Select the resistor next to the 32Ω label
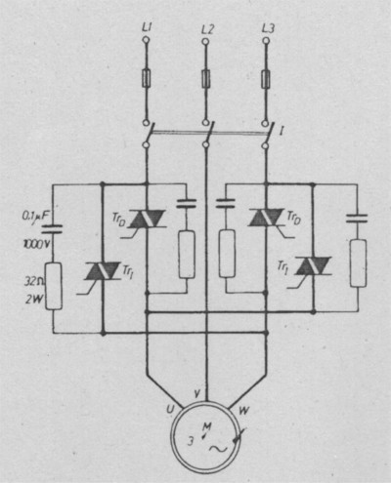pos(54,285)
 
